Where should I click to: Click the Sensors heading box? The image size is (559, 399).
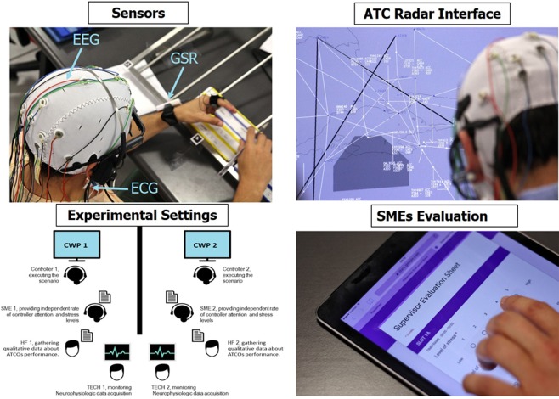point(141,13)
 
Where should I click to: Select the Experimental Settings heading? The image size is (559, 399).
point(141,213)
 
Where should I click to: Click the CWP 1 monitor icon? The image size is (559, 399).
point(77,245)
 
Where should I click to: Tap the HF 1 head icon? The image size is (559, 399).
point(73,346)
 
